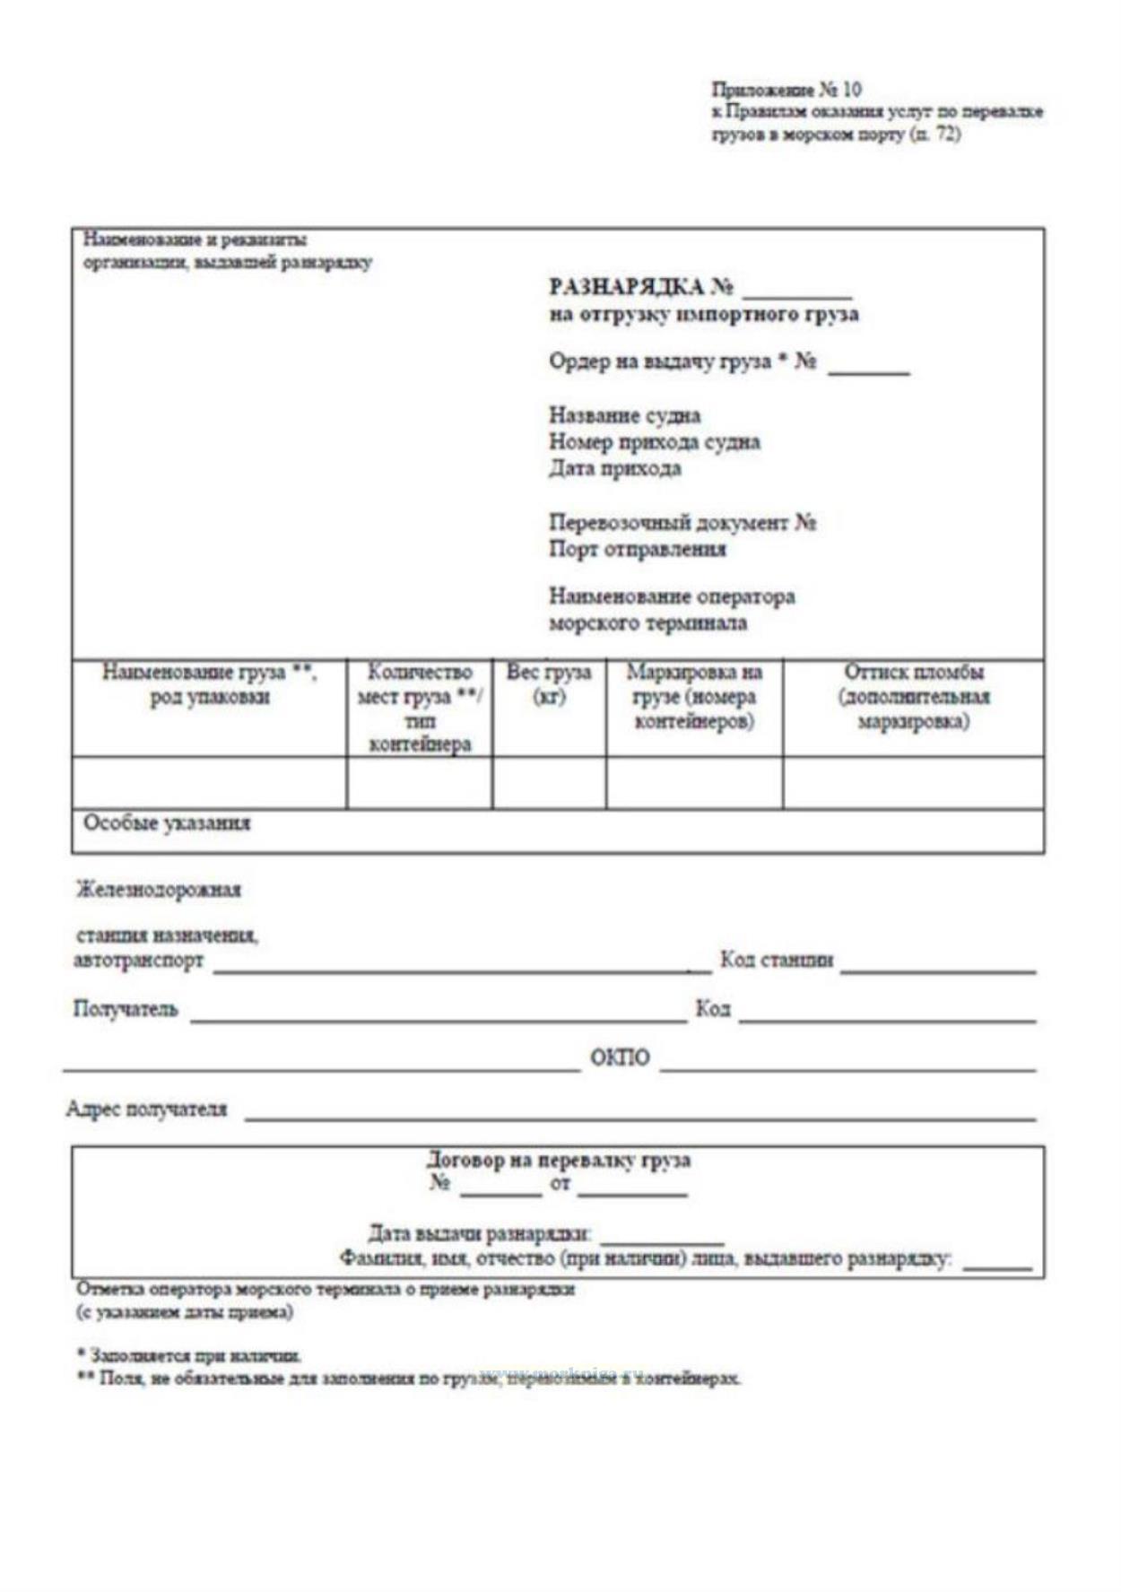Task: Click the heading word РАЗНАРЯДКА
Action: (627, 287)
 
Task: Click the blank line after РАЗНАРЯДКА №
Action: (797, 292)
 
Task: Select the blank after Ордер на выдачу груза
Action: (868, 368)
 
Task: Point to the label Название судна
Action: (625, 415)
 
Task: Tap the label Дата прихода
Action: (615, 468)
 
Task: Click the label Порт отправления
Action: (638, 549)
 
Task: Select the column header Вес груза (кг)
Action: (549, 683)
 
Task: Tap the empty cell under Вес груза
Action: (549, 783)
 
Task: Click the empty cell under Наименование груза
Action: (209, 783)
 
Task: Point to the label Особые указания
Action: (167, 823)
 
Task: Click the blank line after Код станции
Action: (938, 967)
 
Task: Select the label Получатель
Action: (126, 1010)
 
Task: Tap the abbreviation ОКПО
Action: (620, 1058)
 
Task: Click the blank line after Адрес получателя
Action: (639, 1115)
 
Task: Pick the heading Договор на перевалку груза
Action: (559, 1160)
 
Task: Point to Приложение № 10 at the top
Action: (786, 90)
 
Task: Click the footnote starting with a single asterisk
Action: (189, 1355)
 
